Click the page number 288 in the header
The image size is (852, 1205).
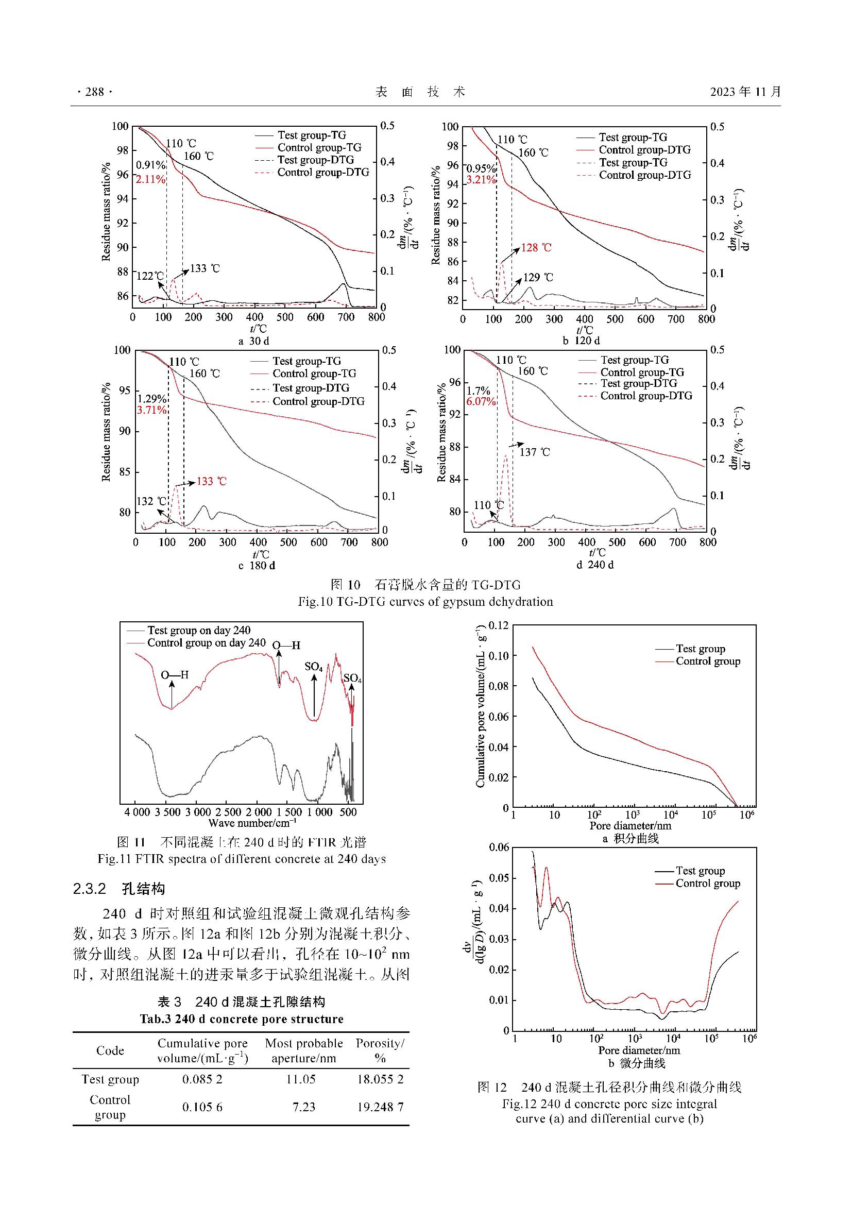point(94,92)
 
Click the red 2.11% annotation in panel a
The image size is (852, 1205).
point(150,179)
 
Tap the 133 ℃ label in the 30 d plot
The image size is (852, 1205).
point(205,269)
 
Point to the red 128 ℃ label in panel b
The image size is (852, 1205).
point(536,248)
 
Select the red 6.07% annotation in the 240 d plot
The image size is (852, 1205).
point(481,402)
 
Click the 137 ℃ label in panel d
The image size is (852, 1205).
point(535,452)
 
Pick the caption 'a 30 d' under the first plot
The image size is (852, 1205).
point(254,341)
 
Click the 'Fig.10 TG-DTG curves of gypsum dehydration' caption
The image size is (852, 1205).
point(425,602)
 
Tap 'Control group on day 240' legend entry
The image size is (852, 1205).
point(206,643)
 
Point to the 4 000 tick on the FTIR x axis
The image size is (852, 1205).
point(138,812)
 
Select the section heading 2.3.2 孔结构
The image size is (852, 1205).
point(119,889)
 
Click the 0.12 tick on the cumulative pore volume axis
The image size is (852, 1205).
point(499,625)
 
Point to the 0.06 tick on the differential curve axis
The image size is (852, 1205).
point(499,847)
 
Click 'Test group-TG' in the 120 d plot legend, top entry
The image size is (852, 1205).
point(633,138)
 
